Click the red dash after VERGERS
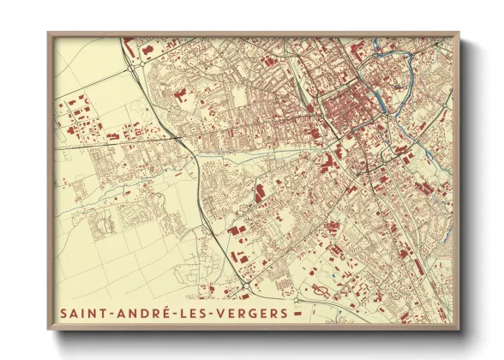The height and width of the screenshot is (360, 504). click(297, 315)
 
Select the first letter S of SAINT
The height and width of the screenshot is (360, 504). click(65, 314)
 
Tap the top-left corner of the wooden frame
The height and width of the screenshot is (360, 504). click(50, 34)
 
